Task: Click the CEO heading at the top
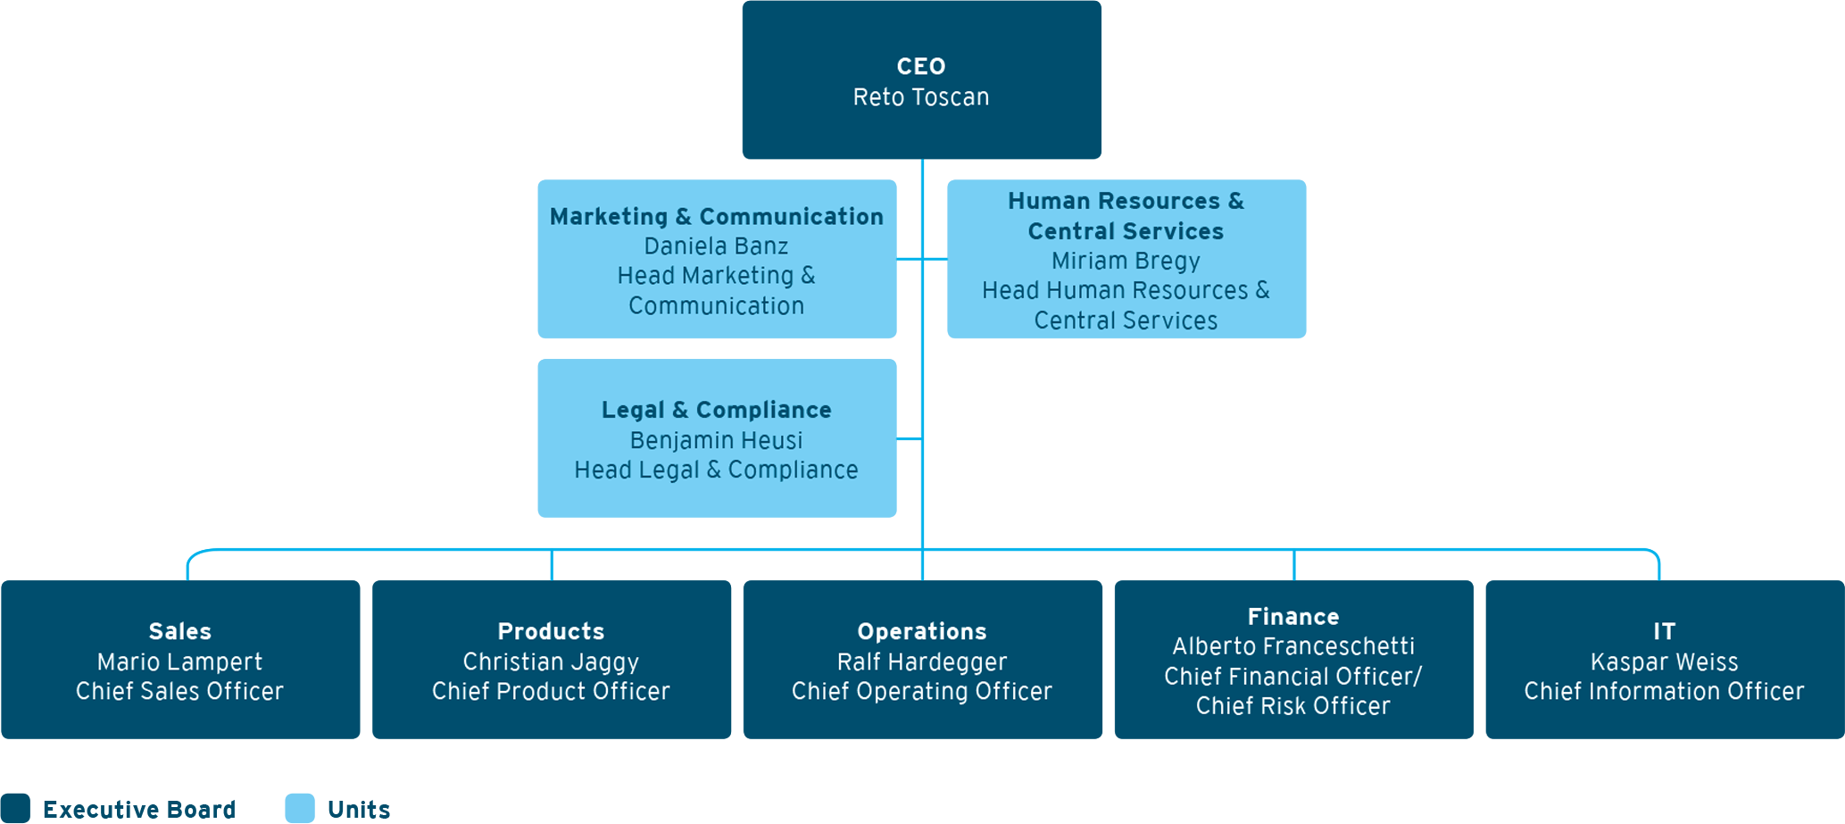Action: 920,67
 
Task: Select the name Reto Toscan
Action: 920,97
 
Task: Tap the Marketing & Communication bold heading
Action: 716,217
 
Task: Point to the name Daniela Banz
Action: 716,246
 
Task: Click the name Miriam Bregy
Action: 1125,262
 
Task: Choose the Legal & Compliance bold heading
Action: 716,411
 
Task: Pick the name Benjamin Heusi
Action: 716,441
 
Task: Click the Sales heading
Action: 179,632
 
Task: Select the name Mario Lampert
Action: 179,662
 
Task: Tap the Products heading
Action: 551,632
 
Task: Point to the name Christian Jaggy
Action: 551,662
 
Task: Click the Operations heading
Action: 921,632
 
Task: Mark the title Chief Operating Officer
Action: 921,692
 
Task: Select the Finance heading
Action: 1292,617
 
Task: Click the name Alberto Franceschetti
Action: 1292,646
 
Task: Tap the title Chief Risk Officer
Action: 1292,706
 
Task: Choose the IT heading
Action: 1664,632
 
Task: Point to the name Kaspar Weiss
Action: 1664,662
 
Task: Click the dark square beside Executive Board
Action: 15,808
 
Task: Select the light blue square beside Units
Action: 300,808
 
